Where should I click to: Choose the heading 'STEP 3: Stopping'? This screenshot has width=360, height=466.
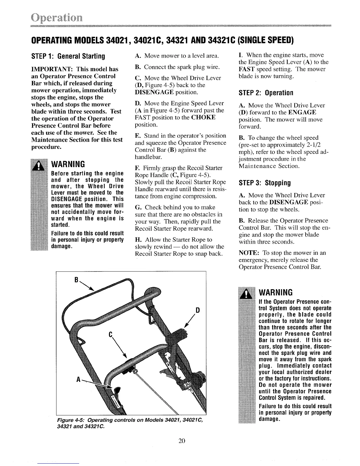coord(265,183)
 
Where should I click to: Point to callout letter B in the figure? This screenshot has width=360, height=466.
coord(76,280)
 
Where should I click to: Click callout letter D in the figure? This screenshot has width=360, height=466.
coord(198,310)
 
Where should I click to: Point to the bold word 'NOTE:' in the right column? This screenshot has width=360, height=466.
coord(249,253)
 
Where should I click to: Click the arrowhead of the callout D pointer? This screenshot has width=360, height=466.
coord(186,326)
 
